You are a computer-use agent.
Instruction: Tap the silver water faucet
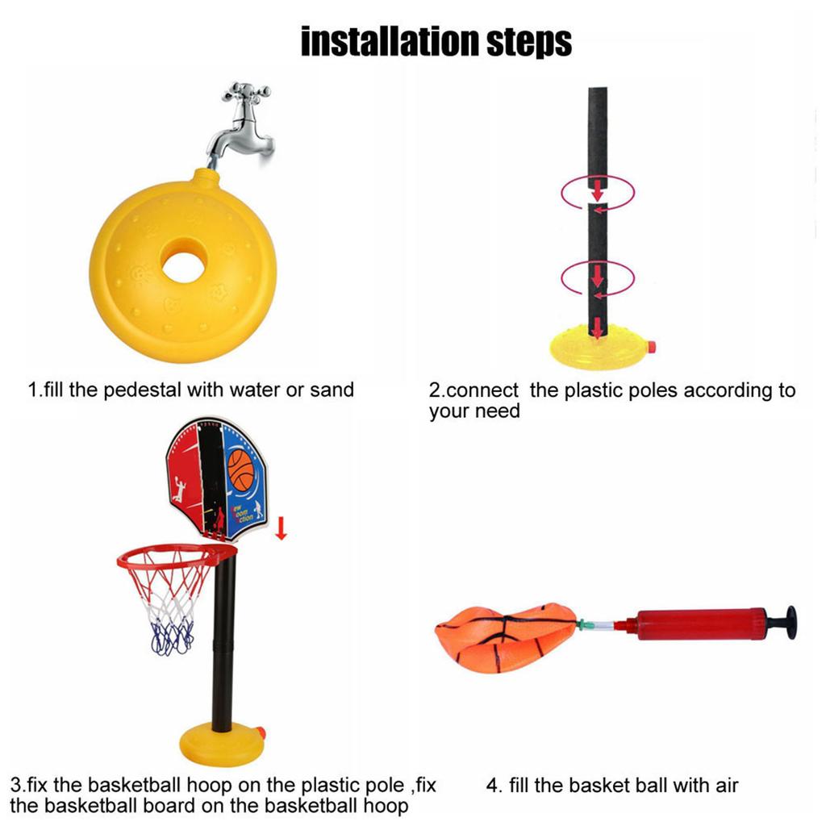(242, 127)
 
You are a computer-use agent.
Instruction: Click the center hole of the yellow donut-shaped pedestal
(183, 266)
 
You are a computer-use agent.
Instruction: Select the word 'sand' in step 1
(332, 390)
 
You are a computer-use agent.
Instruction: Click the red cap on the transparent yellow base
(652, 346)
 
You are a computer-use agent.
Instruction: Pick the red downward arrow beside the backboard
(282, 528)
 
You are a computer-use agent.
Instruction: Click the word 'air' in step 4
(727, 786)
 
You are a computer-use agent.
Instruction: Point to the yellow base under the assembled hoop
(221, 744)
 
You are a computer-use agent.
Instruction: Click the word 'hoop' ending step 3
(386, 807)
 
